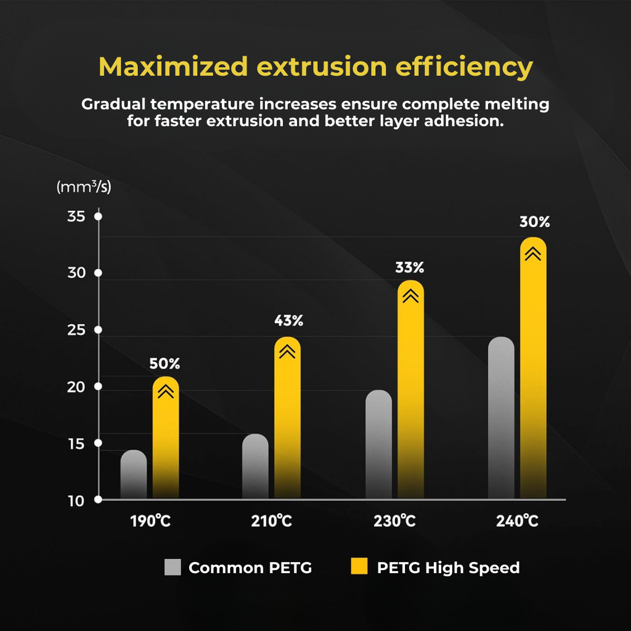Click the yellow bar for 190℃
pos(166,438)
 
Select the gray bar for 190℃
pos(134,474)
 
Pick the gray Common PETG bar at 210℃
pos(255,466)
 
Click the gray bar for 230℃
pos(378,444)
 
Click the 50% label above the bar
pos(165,364)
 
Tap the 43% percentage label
pos(288,321)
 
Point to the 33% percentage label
pos(410,267)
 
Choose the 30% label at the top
pos(534,222)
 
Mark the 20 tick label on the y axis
pos(75,387)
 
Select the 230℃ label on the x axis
pos(394,521)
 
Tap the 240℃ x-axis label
pos(518,521)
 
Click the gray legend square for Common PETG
pos(173,567)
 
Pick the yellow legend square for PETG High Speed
pos(358,567)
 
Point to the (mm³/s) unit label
pos(84,187)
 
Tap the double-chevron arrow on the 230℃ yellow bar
pos(410,296)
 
